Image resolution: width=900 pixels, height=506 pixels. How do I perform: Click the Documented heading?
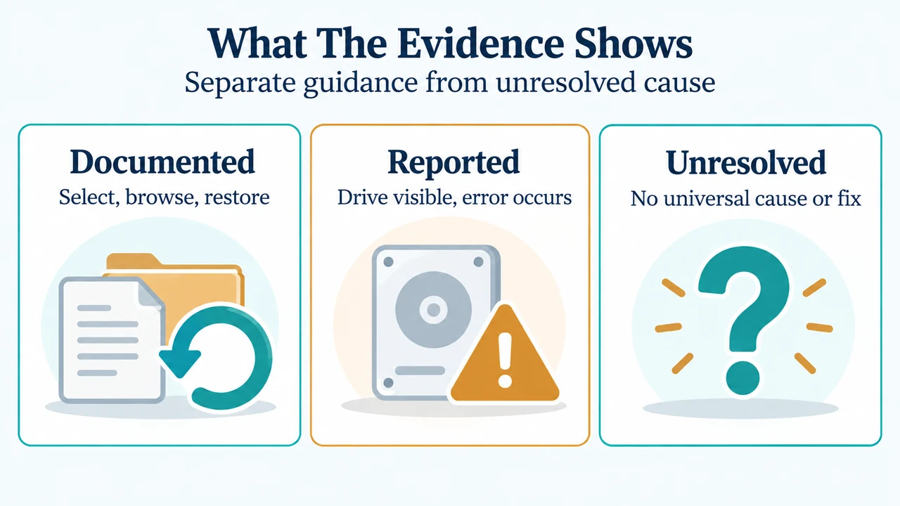162,162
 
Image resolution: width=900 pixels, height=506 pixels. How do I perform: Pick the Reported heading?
454,162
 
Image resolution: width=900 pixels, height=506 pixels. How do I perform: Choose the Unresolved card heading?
746,162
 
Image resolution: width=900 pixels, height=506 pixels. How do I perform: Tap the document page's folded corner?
150,294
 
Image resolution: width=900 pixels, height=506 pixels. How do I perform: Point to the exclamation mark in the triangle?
505,360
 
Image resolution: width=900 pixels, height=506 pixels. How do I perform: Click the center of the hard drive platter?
433,310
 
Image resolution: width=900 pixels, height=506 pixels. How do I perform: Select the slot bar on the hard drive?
420,370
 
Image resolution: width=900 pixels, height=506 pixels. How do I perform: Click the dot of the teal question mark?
743,378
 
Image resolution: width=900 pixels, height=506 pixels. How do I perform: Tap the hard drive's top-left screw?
389,262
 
